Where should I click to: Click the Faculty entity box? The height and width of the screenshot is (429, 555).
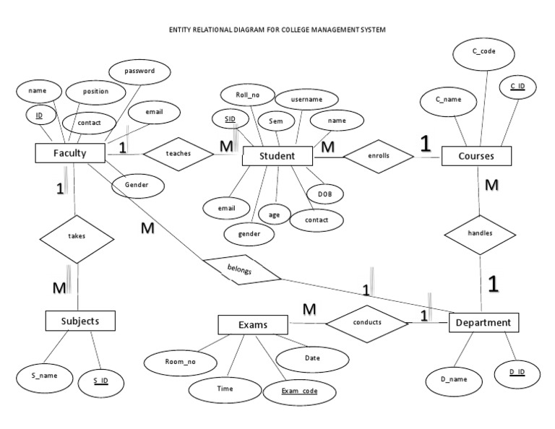click(70, 153)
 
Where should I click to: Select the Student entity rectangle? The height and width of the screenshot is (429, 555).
click(277, 156)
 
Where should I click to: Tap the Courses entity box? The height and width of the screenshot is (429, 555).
click(476, 156)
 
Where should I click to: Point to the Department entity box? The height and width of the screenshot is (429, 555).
click(483, 323)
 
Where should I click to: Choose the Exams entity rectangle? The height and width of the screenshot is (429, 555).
click(253, 325)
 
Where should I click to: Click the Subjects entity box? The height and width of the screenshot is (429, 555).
click(80, 320)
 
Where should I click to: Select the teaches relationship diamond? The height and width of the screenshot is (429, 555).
click(178, 153)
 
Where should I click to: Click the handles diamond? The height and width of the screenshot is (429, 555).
click(481, 234)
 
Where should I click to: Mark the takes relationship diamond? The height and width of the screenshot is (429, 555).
click(76, 236)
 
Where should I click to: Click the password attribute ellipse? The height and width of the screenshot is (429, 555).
click(139, 71)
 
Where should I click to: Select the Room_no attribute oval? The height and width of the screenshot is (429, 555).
click(180, 362)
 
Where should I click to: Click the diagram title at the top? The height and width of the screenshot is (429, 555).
click(277, 30)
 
